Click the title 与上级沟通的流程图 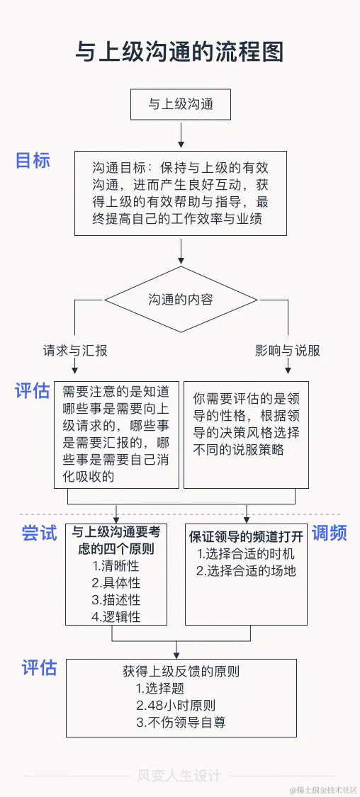coord(180,52)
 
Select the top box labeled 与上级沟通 coord(181,104)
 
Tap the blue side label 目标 coord(33,160)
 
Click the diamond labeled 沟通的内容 coord(181,299)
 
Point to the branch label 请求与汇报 coord(75,351)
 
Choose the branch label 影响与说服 coord(288,351)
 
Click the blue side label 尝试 coord(39,533)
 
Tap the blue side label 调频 coord(330,533)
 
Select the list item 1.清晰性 coord(116,566)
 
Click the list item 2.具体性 coord(116,583)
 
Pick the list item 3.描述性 coord(116,600)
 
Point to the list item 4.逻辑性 coord(116,616)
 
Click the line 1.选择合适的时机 coord(246,554)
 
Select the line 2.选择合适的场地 coord(246,571)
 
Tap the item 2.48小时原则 coord(176,705)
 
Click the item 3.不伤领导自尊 coord(181,723)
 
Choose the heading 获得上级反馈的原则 coord(181,671)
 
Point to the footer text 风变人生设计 coord(179,776)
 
